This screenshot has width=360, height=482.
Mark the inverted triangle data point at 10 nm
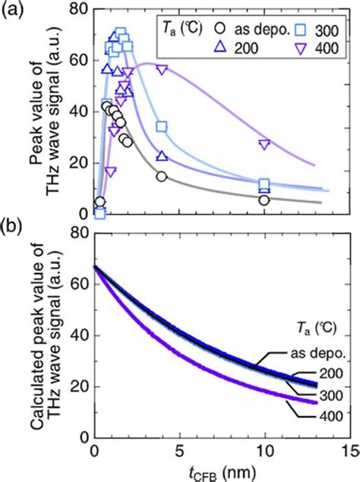pyautogui.click(x=264, y=144)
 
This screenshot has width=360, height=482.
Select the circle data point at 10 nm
pyautogui.click(x=264, y=200)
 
